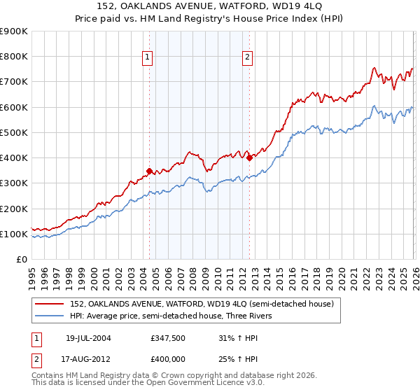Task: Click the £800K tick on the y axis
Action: tap(14, 57)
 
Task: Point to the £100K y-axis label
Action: tap(14, 234)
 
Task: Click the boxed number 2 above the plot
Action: tap(248, 58)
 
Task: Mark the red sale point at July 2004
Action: tap(149, 170)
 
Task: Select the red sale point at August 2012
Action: tap(249, 157)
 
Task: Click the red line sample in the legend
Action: tap(50, 304)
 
